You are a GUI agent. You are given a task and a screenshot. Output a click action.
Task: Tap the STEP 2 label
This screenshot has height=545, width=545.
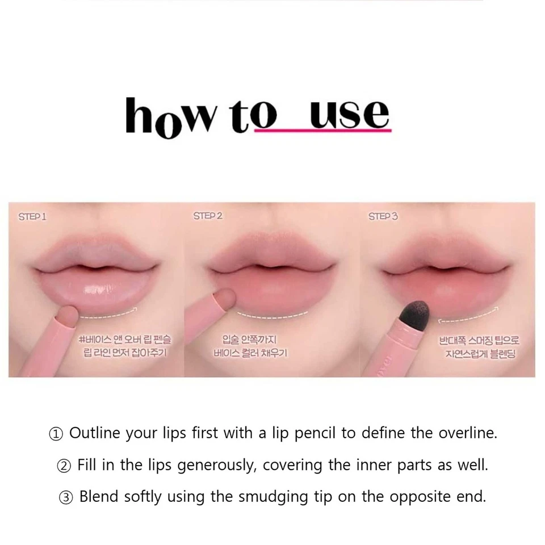click(207, 216)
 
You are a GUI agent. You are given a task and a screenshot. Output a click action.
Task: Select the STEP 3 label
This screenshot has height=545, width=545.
click(383, 216)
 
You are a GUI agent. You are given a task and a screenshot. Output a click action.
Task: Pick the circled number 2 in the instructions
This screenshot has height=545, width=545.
click(64, 466)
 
